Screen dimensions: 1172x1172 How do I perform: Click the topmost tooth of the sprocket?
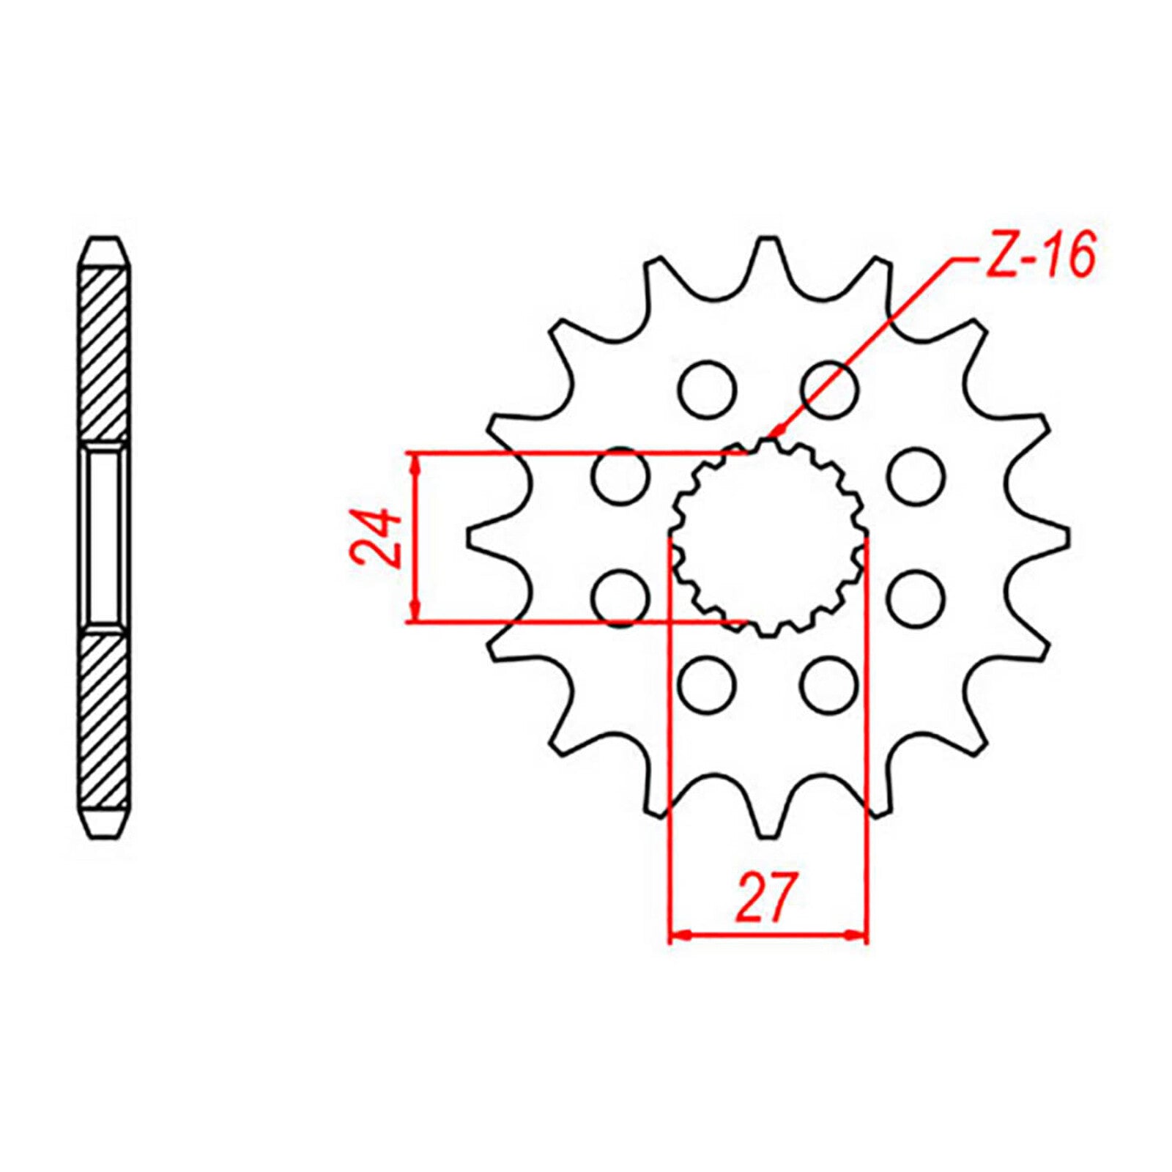(767, 253)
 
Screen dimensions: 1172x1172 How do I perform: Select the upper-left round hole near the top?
(706, 390)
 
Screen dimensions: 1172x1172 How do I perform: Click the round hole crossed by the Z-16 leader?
(829, 390)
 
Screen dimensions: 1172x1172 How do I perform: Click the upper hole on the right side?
(916, 476)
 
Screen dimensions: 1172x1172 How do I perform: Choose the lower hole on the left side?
(621, 598)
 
